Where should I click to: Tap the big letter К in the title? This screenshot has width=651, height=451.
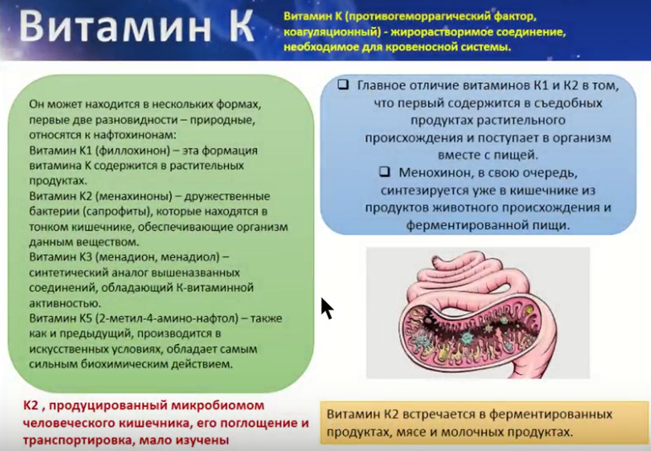coord(240,26)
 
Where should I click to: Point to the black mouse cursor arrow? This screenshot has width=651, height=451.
coord(327,309)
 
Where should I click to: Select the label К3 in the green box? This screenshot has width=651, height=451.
coord(85,257)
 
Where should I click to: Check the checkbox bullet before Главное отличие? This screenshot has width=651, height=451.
coord(343,85)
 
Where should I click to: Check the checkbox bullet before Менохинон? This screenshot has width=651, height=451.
coord(385,171)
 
